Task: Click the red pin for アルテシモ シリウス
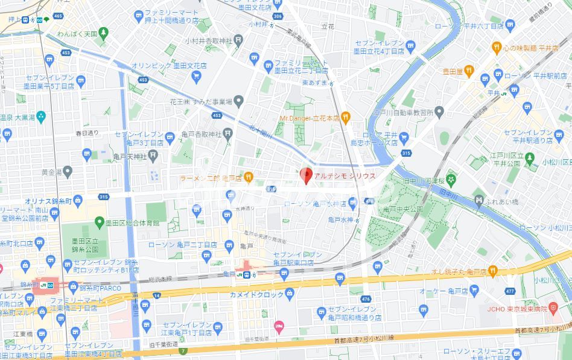[x=305, y=174]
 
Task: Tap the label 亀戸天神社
[x=127, y=156]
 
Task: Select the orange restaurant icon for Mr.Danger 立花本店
[x=345, y=117]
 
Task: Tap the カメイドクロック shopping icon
[x=290, y=294]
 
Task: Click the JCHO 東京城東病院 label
[x=514, y=309]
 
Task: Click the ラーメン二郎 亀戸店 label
[x=211, y=177]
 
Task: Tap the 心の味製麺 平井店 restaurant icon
[x=497, y=47]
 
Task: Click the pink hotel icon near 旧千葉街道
[x=278, y=326]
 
